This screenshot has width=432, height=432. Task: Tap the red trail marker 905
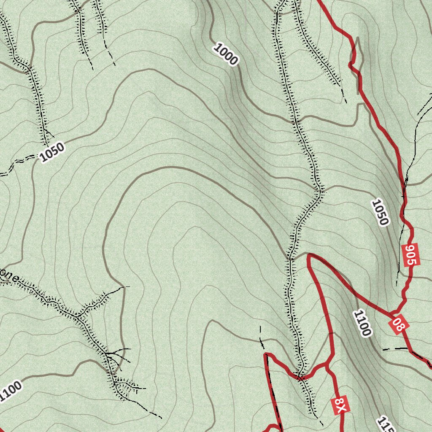[x=410, y=255]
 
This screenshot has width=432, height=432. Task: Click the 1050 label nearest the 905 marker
[x=380, y=213]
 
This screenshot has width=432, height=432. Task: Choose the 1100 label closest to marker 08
[x=362, y=323]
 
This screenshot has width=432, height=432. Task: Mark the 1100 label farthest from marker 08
[x=10, y=391]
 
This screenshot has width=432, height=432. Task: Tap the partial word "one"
[x=9, y=277]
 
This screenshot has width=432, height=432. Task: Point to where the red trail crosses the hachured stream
[x=300, y=376]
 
